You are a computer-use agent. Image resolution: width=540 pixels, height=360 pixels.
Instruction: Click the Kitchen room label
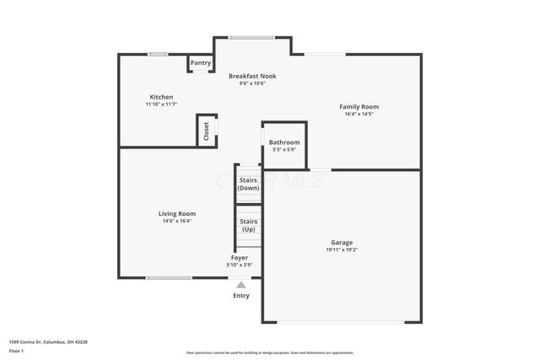[161, 97]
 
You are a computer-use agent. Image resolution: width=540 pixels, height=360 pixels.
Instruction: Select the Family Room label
[359, 107]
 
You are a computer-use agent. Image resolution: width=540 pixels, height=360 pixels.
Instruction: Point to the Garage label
[342, 242]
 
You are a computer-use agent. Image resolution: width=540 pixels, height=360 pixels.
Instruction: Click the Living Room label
[177, 213]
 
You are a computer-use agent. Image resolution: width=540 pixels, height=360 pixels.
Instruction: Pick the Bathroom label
[284, 142]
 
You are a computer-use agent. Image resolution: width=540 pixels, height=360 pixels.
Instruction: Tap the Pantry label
[201, 62]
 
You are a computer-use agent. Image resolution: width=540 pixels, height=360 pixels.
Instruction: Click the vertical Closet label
[206, 132]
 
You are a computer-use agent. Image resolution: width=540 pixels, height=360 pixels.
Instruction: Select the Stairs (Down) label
[248, 184]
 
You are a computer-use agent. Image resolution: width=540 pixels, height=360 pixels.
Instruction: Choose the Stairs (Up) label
[248, 225]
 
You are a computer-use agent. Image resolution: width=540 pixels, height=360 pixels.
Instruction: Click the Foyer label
[240, 257]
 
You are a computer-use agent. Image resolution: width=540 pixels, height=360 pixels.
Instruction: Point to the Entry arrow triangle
[241, 285]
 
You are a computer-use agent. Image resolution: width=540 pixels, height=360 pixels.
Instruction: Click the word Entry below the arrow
[241, 295]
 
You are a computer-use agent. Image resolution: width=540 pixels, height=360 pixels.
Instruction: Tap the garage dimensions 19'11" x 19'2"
[342, 250]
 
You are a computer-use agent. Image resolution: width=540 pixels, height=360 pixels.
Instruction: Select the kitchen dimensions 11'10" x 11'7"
[161, 105]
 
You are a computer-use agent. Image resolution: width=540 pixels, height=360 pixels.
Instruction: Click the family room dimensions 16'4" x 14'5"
[359, 115]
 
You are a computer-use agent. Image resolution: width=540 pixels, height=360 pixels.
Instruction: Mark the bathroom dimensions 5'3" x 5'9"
[284, 150]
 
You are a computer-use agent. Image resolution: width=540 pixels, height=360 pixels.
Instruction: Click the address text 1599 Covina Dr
[48, 341]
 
